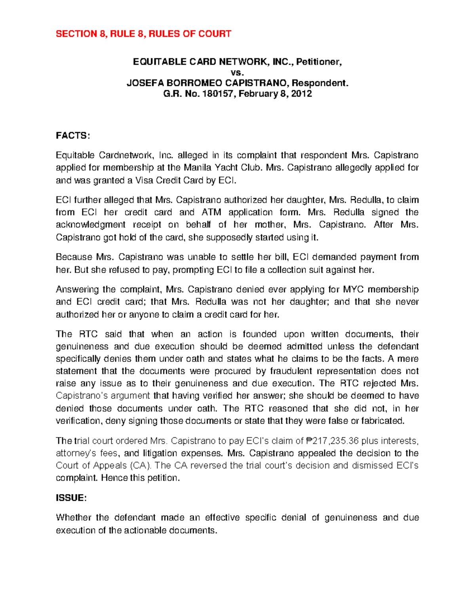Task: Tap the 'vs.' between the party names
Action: [x=237, y=72]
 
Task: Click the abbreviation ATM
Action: [x=211, y=212]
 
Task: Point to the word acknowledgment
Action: [x=90, y=225]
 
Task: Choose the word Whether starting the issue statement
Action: [x=73, y=518]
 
